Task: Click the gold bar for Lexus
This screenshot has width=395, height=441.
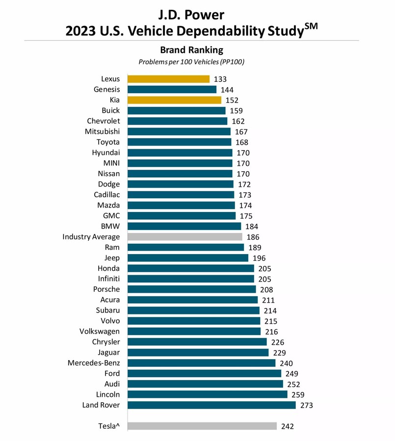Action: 168,79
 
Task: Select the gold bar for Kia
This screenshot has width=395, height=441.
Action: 174,100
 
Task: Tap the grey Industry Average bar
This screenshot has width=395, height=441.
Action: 184,237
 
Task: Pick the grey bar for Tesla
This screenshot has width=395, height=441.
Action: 202,426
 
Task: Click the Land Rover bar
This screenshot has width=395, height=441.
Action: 211,405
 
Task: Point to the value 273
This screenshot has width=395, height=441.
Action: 307,406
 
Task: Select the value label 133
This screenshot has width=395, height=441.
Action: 220,79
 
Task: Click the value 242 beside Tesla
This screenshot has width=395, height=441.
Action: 288,426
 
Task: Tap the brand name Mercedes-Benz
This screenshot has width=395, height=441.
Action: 94,363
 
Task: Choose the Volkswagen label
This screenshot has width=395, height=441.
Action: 100,332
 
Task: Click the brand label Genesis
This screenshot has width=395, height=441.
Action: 106,89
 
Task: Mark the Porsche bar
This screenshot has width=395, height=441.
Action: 191,289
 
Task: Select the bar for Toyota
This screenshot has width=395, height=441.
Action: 179,142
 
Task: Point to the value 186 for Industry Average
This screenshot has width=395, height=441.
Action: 253,237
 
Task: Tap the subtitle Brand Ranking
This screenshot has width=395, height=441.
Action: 191,50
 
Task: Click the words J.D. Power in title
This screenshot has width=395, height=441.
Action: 191,14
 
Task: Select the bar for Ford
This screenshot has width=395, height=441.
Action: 204,374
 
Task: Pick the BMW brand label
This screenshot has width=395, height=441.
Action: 110,226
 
